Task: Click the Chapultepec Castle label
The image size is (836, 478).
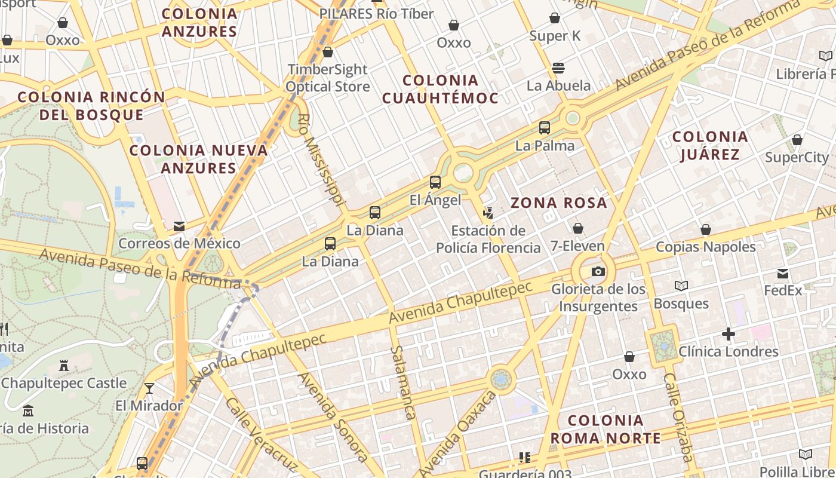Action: coord(64,383)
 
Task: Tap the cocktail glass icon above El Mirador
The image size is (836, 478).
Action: coord(149,388)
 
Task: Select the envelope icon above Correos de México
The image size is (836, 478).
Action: coord(179,226)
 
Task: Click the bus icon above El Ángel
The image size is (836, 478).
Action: coord(435,182)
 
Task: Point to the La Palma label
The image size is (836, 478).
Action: coord(545,145)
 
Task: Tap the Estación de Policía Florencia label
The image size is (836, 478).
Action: coord(488,239)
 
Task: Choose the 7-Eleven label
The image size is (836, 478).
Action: coord(577,246)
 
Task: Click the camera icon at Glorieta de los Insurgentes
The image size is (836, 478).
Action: coord(598,272)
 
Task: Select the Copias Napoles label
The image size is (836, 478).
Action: coord(706,247)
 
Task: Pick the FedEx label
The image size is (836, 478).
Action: coord(783,290)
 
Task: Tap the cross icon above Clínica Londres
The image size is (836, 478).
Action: coord(728,334)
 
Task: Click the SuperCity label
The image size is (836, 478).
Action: coord(797,157)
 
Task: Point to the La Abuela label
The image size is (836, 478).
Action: coord(558,85)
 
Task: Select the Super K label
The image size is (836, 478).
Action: coord(555,36)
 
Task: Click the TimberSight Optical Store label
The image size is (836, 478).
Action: coord(327,78)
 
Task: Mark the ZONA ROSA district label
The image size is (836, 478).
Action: coord(558,203)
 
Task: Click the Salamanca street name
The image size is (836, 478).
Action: coord(402,382)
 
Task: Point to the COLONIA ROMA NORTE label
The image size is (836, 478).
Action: coord(605,429)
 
